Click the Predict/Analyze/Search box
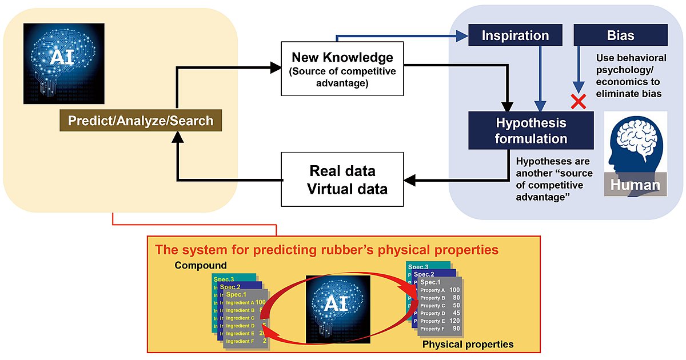coord(141,121)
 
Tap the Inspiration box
coord(515,35)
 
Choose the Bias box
coord(620,35)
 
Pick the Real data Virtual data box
coord(342,179)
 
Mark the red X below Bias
coord(579,102)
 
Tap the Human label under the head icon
coord(635,185)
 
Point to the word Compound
coord(201,266)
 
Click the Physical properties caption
coord(468,345)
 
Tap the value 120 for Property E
coord(454,321)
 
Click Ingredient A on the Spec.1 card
coord(240,303)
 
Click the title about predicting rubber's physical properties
coord(326,250)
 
